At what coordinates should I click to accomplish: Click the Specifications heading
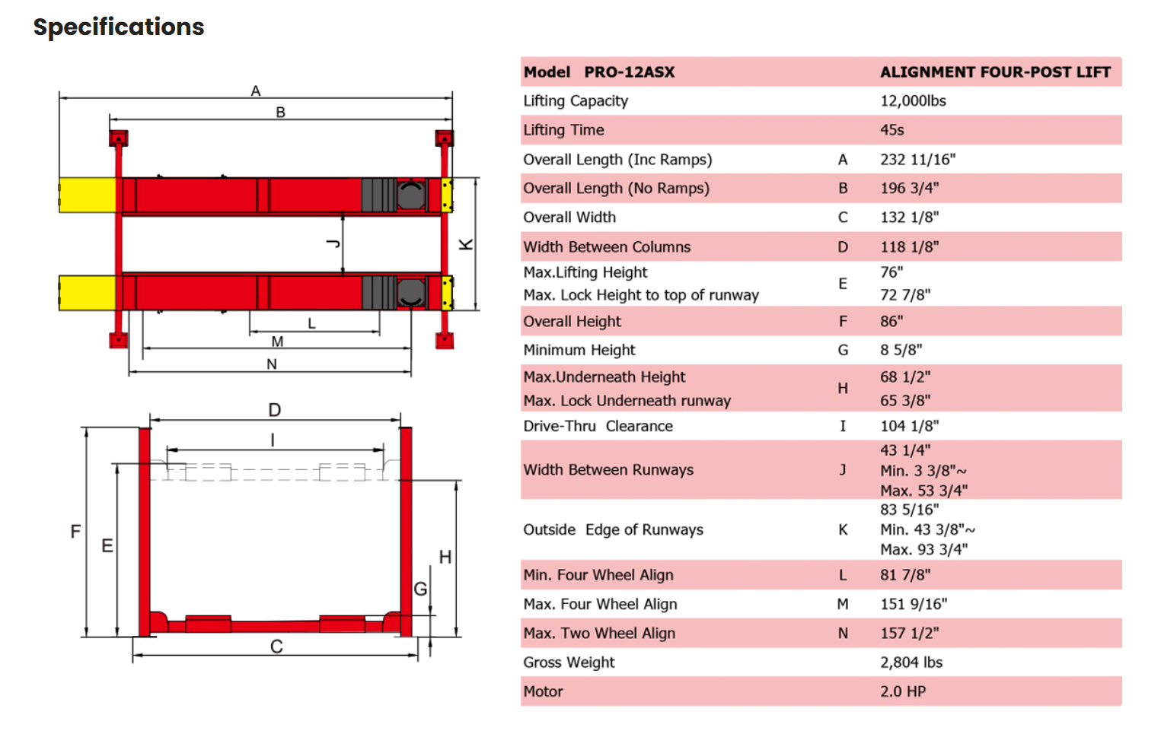(119, 27)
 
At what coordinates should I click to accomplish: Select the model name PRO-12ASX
(629, 72)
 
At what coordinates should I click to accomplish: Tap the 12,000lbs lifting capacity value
(913, 101)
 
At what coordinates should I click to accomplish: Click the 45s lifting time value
(891, 130)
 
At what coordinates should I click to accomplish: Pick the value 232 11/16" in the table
(917, 160)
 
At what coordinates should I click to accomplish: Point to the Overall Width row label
(569, 218)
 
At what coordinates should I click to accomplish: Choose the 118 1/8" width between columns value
(909, 247)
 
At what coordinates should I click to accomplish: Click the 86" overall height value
(891, 322)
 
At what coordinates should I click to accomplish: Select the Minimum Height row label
(579, 350)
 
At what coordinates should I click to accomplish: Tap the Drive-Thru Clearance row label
(598, 426)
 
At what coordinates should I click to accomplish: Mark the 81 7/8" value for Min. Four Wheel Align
(905, 575)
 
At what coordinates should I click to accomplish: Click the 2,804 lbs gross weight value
(911, 663)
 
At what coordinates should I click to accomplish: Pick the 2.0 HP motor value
(903, 691)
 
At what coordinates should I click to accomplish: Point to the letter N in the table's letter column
(843, 634)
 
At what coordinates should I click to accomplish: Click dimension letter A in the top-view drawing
(256, 91)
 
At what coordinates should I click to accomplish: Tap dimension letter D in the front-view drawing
(275, 410)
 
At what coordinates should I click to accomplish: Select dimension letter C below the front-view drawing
(276, 647)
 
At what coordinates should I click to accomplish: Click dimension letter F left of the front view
(75, 531)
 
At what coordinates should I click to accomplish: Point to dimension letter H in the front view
(445, 558)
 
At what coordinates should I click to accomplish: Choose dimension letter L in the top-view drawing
(311, 323)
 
